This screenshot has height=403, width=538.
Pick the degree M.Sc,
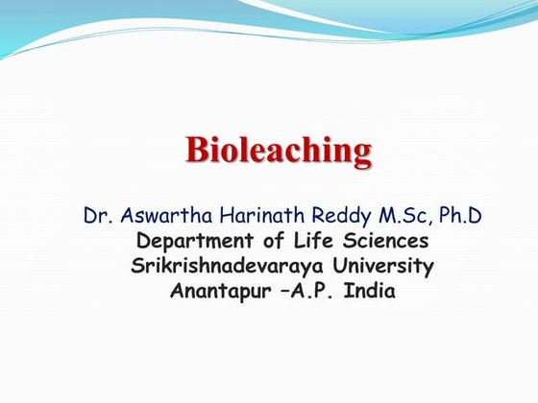386,215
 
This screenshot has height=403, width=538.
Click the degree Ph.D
453,215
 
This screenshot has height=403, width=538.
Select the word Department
198,241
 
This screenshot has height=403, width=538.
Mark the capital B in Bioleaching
197,150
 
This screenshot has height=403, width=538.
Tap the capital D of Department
144,240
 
